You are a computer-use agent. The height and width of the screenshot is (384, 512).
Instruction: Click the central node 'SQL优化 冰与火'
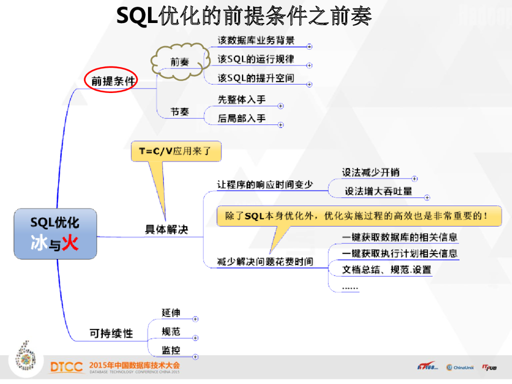55,233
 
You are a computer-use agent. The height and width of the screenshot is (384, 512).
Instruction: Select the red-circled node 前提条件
111,80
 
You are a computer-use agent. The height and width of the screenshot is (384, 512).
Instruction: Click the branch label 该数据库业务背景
256,40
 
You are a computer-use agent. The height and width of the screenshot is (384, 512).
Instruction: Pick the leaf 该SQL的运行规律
256,59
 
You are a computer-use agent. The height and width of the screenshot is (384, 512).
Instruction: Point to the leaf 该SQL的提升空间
256,78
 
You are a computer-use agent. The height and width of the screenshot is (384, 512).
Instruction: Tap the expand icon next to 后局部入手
280,124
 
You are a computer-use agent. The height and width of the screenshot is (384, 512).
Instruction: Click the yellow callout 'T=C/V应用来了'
175,151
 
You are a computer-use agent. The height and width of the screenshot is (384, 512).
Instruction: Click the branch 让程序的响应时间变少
265,184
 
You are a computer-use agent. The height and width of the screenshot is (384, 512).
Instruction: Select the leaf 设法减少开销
370,172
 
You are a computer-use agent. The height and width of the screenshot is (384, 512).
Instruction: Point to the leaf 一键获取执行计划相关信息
399,253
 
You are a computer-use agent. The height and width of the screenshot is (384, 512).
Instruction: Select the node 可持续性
111,333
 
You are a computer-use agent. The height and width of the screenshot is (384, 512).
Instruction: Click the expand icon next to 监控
195,356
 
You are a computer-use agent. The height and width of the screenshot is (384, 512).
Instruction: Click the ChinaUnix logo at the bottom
459,367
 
